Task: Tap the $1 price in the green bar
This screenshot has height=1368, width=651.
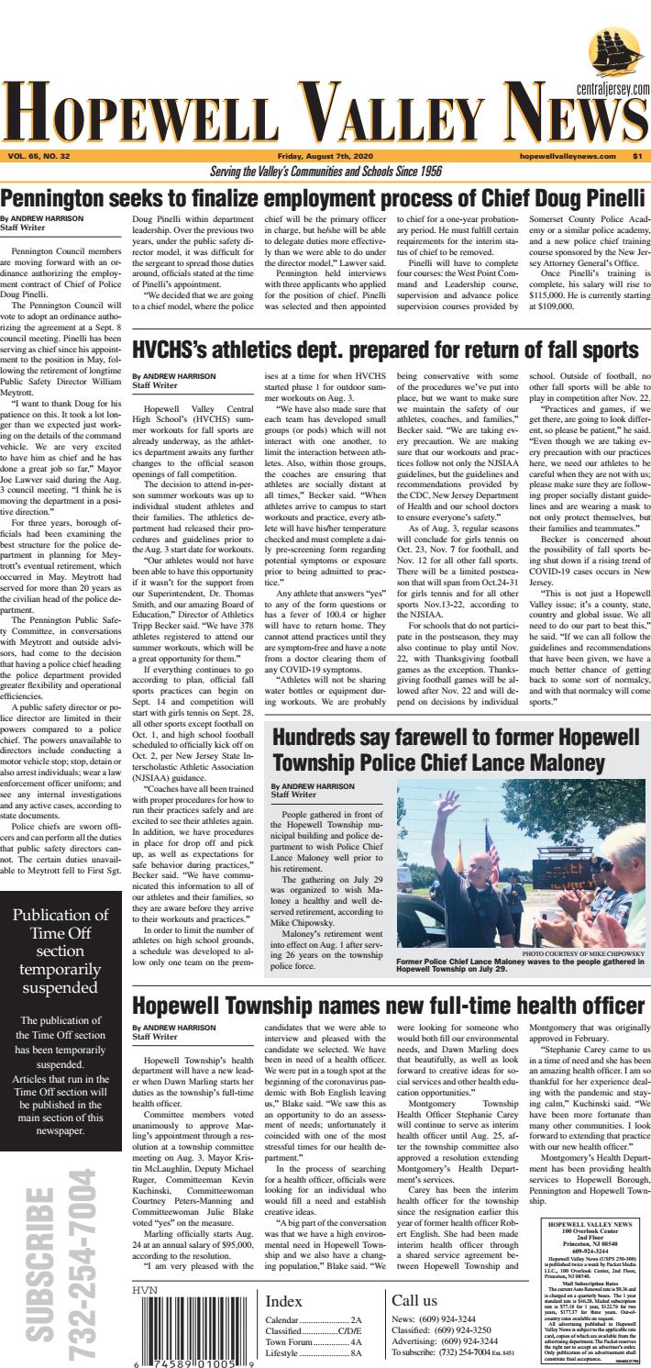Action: [x=637, y=156]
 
